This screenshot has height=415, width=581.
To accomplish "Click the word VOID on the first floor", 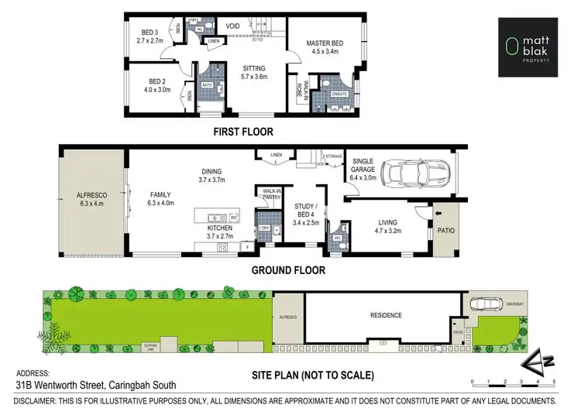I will pos(232,26).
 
